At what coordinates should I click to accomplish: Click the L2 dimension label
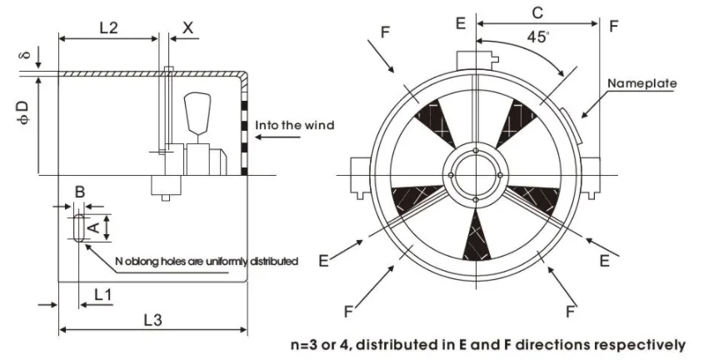(x=108, y=27)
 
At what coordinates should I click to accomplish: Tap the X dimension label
(x=188, y=27)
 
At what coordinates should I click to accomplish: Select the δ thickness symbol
(x=26, y=55)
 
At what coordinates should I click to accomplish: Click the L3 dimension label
(x=152, y=320)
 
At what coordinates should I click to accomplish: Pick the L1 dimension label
(x=102, y=295)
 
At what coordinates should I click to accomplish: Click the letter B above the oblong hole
(x=79, y=192)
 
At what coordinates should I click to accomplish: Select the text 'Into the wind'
(x=295, y=125)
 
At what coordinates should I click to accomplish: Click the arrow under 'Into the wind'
(x=277, y=137)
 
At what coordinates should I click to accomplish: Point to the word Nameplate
(x=642, y=83)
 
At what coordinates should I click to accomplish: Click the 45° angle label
(x=538, y=37)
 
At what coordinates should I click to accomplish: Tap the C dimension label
(x=537, y=13)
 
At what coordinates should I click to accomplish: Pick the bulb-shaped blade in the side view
(x=197, y=112)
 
